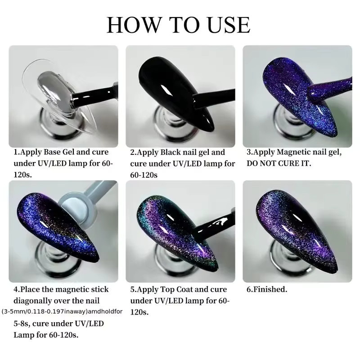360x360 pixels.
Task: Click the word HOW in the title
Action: click(134, 25)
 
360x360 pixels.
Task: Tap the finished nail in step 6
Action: click(296, 232)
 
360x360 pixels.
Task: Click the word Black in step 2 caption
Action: click(168, 152)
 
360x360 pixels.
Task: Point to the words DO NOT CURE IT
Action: click(279, 163)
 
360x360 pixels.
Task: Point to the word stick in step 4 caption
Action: click(100, 289)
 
